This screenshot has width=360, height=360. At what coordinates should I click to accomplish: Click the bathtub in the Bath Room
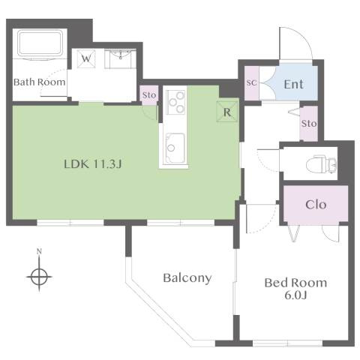[x=40, y=43]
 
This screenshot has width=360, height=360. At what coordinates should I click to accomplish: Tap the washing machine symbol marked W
[x=86, y=58]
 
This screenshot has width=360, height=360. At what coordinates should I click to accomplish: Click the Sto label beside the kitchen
[x=149, y=95]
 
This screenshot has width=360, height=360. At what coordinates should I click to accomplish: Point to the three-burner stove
[x=176, y=102]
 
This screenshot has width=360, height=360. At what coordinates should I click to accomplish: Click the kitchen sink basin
[x=175, y=148]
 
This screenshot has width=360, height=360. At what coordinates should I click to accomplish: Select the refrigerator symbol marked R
[x=227, y=112]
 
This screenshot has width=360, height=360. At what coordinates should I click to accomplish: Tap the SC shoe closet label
[x=251, y=82]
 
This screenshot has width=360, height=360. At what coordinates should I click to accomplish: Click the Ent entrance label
[x=294, y=84]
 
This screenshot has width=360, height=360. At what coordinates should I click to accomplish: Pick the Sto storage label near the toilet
[x=309, y=123]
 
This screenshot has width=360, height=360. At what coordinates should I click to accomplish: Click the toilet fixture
[x=321, y=164]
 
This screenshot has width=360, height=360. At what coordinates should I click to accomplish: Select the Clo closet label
[x=316, y=205]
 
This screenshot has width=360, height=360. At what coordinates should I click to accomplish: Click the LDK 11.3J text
[x=93, y=164]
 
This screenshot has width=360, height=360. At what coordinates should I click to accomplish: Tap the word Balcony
[x=187, y=278]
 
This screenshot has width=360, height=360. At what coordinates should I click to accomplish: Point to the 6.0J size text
[x=295, y=295]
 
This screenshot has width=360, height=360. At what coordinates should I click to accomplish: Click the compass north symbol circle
[x=39, y=277]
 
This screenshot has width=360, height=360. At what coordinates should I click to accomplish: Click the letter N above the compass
[x=39, y=251]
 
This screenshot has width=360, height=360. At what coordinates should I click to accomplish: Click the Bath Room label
[x=40, y=82]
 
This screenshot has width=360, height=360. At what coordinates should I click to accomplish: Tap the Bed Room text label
[x=295, y=283]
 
